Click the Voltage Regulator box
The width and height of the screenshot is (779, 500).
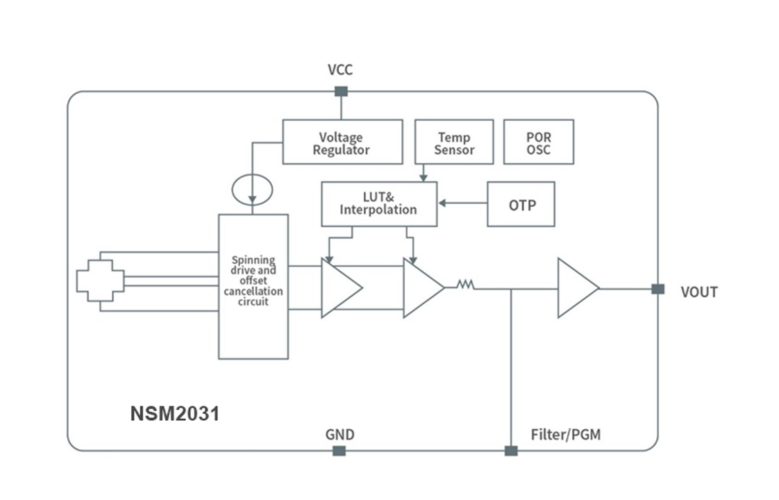(x=342, y=142)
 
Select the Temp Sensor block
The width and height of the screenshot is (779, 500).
(x=453, y=142)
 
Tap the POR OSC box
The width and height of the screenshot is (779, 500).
(x=538, y=142)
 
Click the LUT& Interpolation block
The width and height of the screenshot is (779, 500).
(x=379, y=204)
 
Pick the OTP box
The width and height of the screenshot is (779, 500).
(x=521, y=204)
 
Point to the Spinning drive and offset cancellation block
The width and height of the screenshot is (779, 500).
(x=253, y=286)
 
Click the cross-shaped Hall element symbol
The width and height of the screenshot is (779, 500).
(x=100, y=281)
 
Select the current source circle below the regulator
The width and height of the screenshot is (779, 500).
(x=253, y=188)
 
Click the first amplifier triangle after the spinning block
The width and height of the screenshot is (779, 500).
(x=340, y=287)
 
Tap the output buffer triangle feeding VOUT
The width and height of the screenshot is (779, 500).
(x=576, y=287)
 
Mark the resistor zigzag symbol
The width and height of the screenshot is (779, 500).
(x=464, y=284)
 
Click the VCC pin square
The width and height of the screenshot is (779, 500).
(x=341, y=91)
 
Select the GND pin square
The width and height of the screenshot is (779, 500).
(x=339, y=451)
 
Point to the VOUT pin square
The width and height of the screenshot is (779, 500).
(x=657, y=289)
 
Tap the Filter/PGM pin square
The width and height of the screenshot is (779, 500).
(x=511, y=451)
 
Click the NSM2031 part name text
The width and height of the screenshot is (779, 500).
(x=175, y=414)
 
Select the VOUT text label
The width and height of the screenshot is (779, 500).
(x=698, y=292)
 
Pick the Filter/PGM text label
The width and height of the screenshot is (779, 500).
(x=566, y=435)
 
